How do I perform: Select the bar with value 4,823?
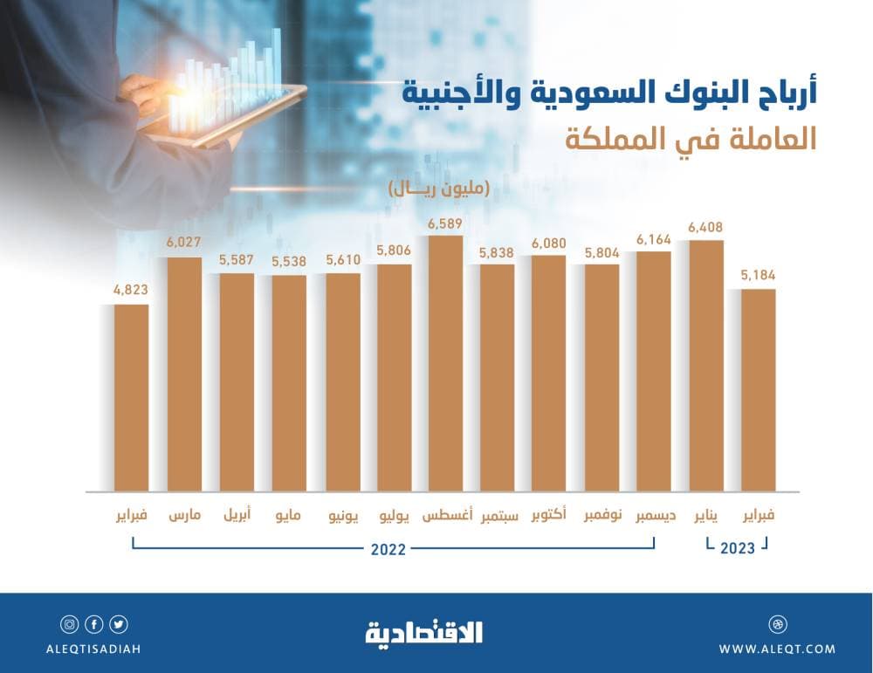tap(131, 397)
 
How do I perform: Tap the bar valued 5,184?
tap(758, 388)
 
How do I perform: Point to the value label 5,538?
tap(288, 262)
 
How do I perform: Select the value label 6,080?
tap(548, 243)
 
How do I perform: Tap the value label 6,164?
tap(653, 238)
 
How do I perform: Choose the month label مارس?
tap(184, 516)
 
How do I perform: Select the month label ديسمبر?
tap(653, 516)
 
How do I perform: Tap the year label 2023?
tap(738, 549)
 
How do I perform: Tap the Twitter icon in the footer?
tap(119, 624)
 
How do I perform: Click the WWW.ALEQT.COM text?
tap(776, 649)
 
